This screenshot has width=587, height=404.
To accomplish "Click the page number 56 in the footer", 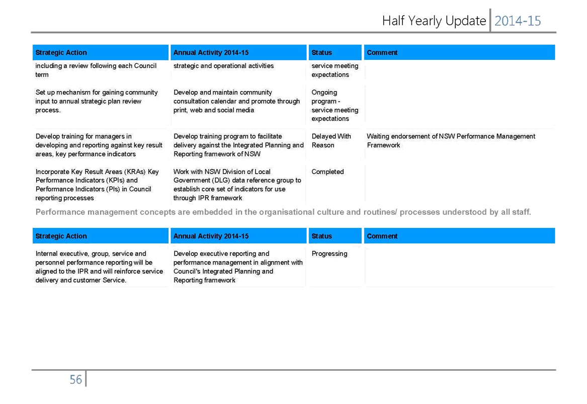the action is pyautogui.click(x=75, y=380).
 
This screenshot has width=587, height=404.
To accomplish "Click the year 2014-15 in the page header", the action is pyautogui.click(x=518, y=21).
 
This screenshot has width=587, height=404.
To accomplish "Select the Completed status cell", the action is pyautogui.click(x=327, y=172).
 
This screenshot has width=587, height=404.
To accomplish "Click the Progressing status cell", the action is pyautogui.click(x=329, y=254).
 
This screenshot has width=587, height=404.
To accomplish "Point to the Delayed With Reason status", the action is pyautogui.click(x=331, y=141).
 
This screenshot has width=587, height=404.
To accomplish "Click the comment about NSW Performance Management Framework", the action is pyautogui.click(x=451, y=141).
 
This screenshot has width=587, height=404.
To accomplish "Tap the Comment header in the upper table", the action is pyautogui.click(x=382, y=52).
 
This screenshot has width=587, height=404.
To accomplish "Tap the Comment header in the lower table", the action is pyautogui.click(x=382, y=236).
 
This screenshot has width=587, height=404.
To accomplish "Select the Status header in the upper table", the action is pyautogui.click(x=321, y=52).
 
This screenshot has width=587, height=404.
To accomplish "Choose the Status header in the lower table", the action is pyautogui.click(x=321, y=236).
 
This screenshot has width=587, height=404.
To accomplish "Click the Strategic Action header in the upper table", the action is pyautogui.click(x=61, y=52).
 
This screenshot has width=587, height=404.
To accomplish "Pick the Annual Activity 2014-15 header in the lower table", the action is pyautogui.click(x=211, y=236).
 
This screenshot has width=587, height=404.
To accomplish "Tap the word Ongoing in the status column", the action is pyautogui.click(x=324, y=92).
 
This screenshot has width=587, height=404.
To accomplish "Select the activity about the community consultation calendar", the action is pyautogui.click(x=236, y=101).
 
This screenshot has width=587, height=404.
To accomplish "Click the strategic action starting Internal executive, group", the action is pyautogui.click(x=99, y=267).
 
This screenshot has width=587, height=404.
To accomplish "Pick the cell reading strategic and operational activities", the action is pyautogui.click(x=223, y=66).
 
